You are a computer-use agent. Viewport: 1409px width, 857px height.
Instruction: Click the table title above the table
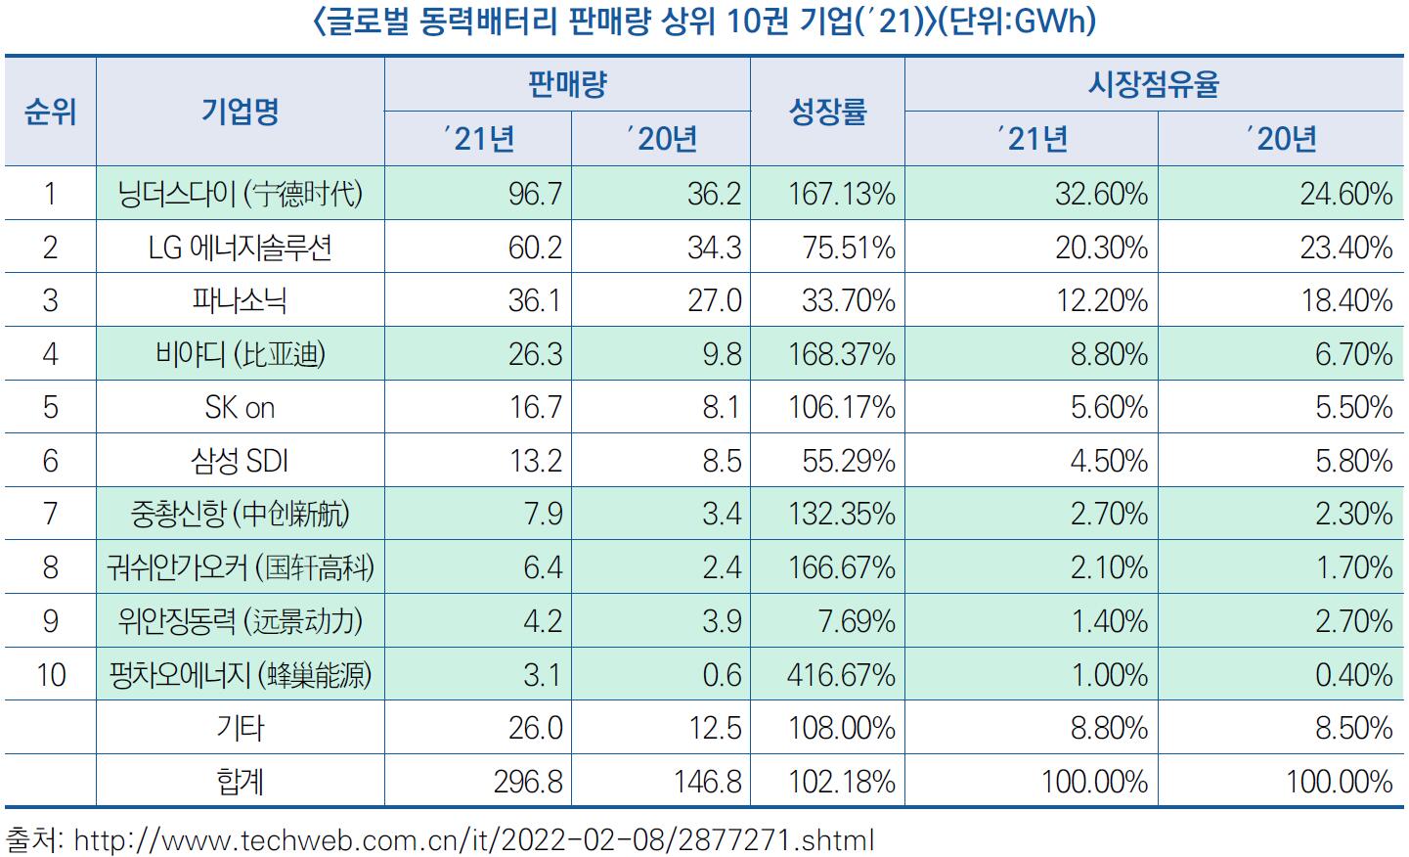pyautogui.click(x=704, y=22)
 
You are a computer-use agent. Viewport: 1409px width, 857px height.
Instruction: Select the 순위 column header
pyautogui.click(x=50, y=112)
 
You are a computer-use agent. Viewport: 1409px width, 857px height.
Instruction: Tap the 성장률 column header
pyautogui.click(x=827, y=112)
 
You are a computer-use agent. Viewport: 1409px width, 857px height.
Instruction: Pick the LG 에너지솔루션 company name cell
pyautogui.click(x=241, y=247)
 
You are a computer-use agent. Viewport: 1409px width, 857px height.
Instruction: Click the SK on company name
pyautogui.click(x=241, y=407)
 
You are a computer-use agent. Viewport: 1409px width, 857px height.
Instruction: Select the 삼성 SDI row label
pyautogui.click(x=241, y=461)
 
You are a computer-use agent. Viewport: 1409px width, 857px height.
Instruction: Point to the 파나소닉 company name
pyautogui.click(x=241, y=300)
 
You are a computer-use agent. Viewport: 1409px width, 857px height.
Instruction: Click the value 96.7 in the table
pyautogui.click(x=535, y=194)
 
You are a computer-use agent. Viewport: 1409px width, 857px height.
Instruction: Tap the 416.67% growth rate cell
pyautogui.click(x=841, y=675)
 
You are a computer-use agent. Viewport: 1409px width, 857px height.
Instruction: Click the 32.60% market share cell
pyautogui.click(x=1101, y=194)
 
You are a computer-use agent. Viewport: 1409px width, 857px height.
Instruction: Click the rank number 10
pyautogui.click(x=50, y=675)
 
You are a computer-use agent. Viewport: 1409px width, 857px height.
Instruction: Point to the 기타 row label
pyautogui.click(x=241, y=728)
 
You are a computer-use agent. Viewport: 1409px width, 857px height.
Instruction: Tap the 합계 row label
pyautogui.click(x=241, y=782)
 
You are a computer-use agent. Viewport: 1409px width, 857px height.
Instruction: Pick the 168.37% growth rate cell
pyautogui.click(x=841, y=354)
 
